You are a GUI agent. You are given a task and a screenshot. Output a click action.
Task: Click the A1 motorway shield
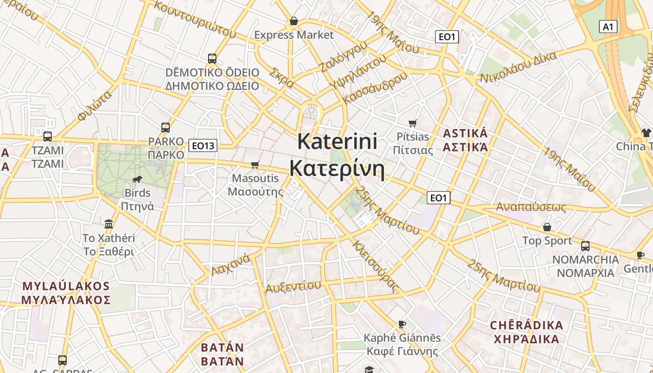[608, 27]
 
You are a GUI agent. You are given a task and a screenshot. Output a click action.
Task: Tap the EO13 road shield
[203, 146]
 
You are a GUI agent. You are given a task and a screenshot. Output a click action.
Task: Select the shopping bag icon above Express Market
[294, 21]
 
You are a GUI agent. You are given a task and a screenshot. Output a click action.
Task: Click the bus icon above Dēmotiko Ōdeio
[212, 59]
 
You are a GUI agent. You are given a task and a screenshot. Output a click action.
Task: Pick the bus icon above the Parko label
[165, 127]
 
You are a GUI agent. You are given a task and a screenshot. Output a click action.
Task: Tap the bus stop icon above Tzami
[47, 137]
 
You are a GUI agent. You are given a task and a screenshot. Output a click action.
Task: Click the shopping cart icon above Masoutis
[255, 165]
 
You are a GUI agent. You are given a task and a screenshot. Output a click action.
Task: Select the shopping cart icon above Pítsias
[412, 123]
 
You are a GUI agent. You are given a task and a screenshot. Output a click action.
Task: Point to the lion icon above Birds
[137, 179]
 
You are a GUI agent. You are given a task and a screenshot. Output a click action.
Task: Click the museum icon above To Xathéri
[109, 224]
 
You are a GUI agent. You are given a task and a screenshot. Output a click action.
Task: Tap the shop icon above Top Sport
[547, 227]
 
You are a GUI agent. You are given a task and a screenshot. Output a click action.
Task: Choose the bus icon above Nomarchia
[585, 246]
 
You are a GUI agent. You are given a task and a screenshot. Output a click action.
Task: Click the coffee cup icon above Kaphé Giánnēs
[402, 324]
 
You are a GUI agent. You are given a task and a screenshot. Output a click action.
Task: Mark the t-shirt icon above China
[646, 133]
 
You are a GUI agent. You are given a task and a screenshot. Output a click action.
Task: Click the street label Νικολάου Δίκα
[519, 68]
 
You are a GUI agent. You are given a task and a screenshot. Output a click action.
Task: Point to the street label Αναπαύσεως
[531, 207]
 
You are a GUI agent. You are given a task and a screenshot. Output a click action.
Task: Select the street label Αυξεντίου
[293, 286]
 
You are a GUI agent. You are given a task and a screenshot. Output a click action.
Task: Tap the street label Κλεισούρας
[375, 266]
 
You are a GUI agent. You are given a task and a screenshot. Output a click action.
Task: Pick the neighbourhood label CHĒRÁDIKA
[527, 325]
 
